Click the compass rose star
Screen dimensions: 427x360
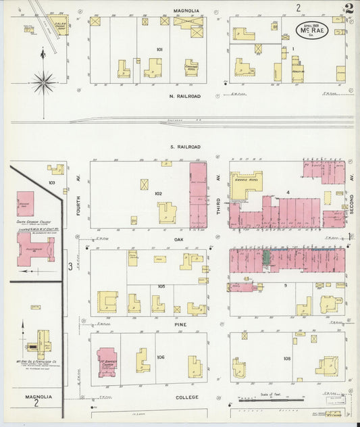point(44,82)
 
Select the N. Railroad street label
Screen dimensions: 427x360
point(185,97)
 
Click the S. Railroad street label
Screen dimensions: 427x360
point(185,147)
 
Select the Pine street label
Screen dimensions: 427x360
point(179,324)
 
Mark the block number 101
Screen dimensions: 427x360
point(159,49)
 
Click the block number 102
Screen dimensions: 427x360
point(158,194)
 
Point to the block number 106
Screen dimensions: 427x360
point(160,357)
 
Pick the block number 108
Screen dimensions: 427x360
point(287,358)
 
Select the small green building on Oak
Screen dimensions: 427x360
point(266,258)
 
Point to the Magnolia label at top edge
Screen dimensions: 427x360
point(186,11)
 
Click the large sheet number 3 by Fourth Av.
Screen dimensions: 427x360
point(70,267)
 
